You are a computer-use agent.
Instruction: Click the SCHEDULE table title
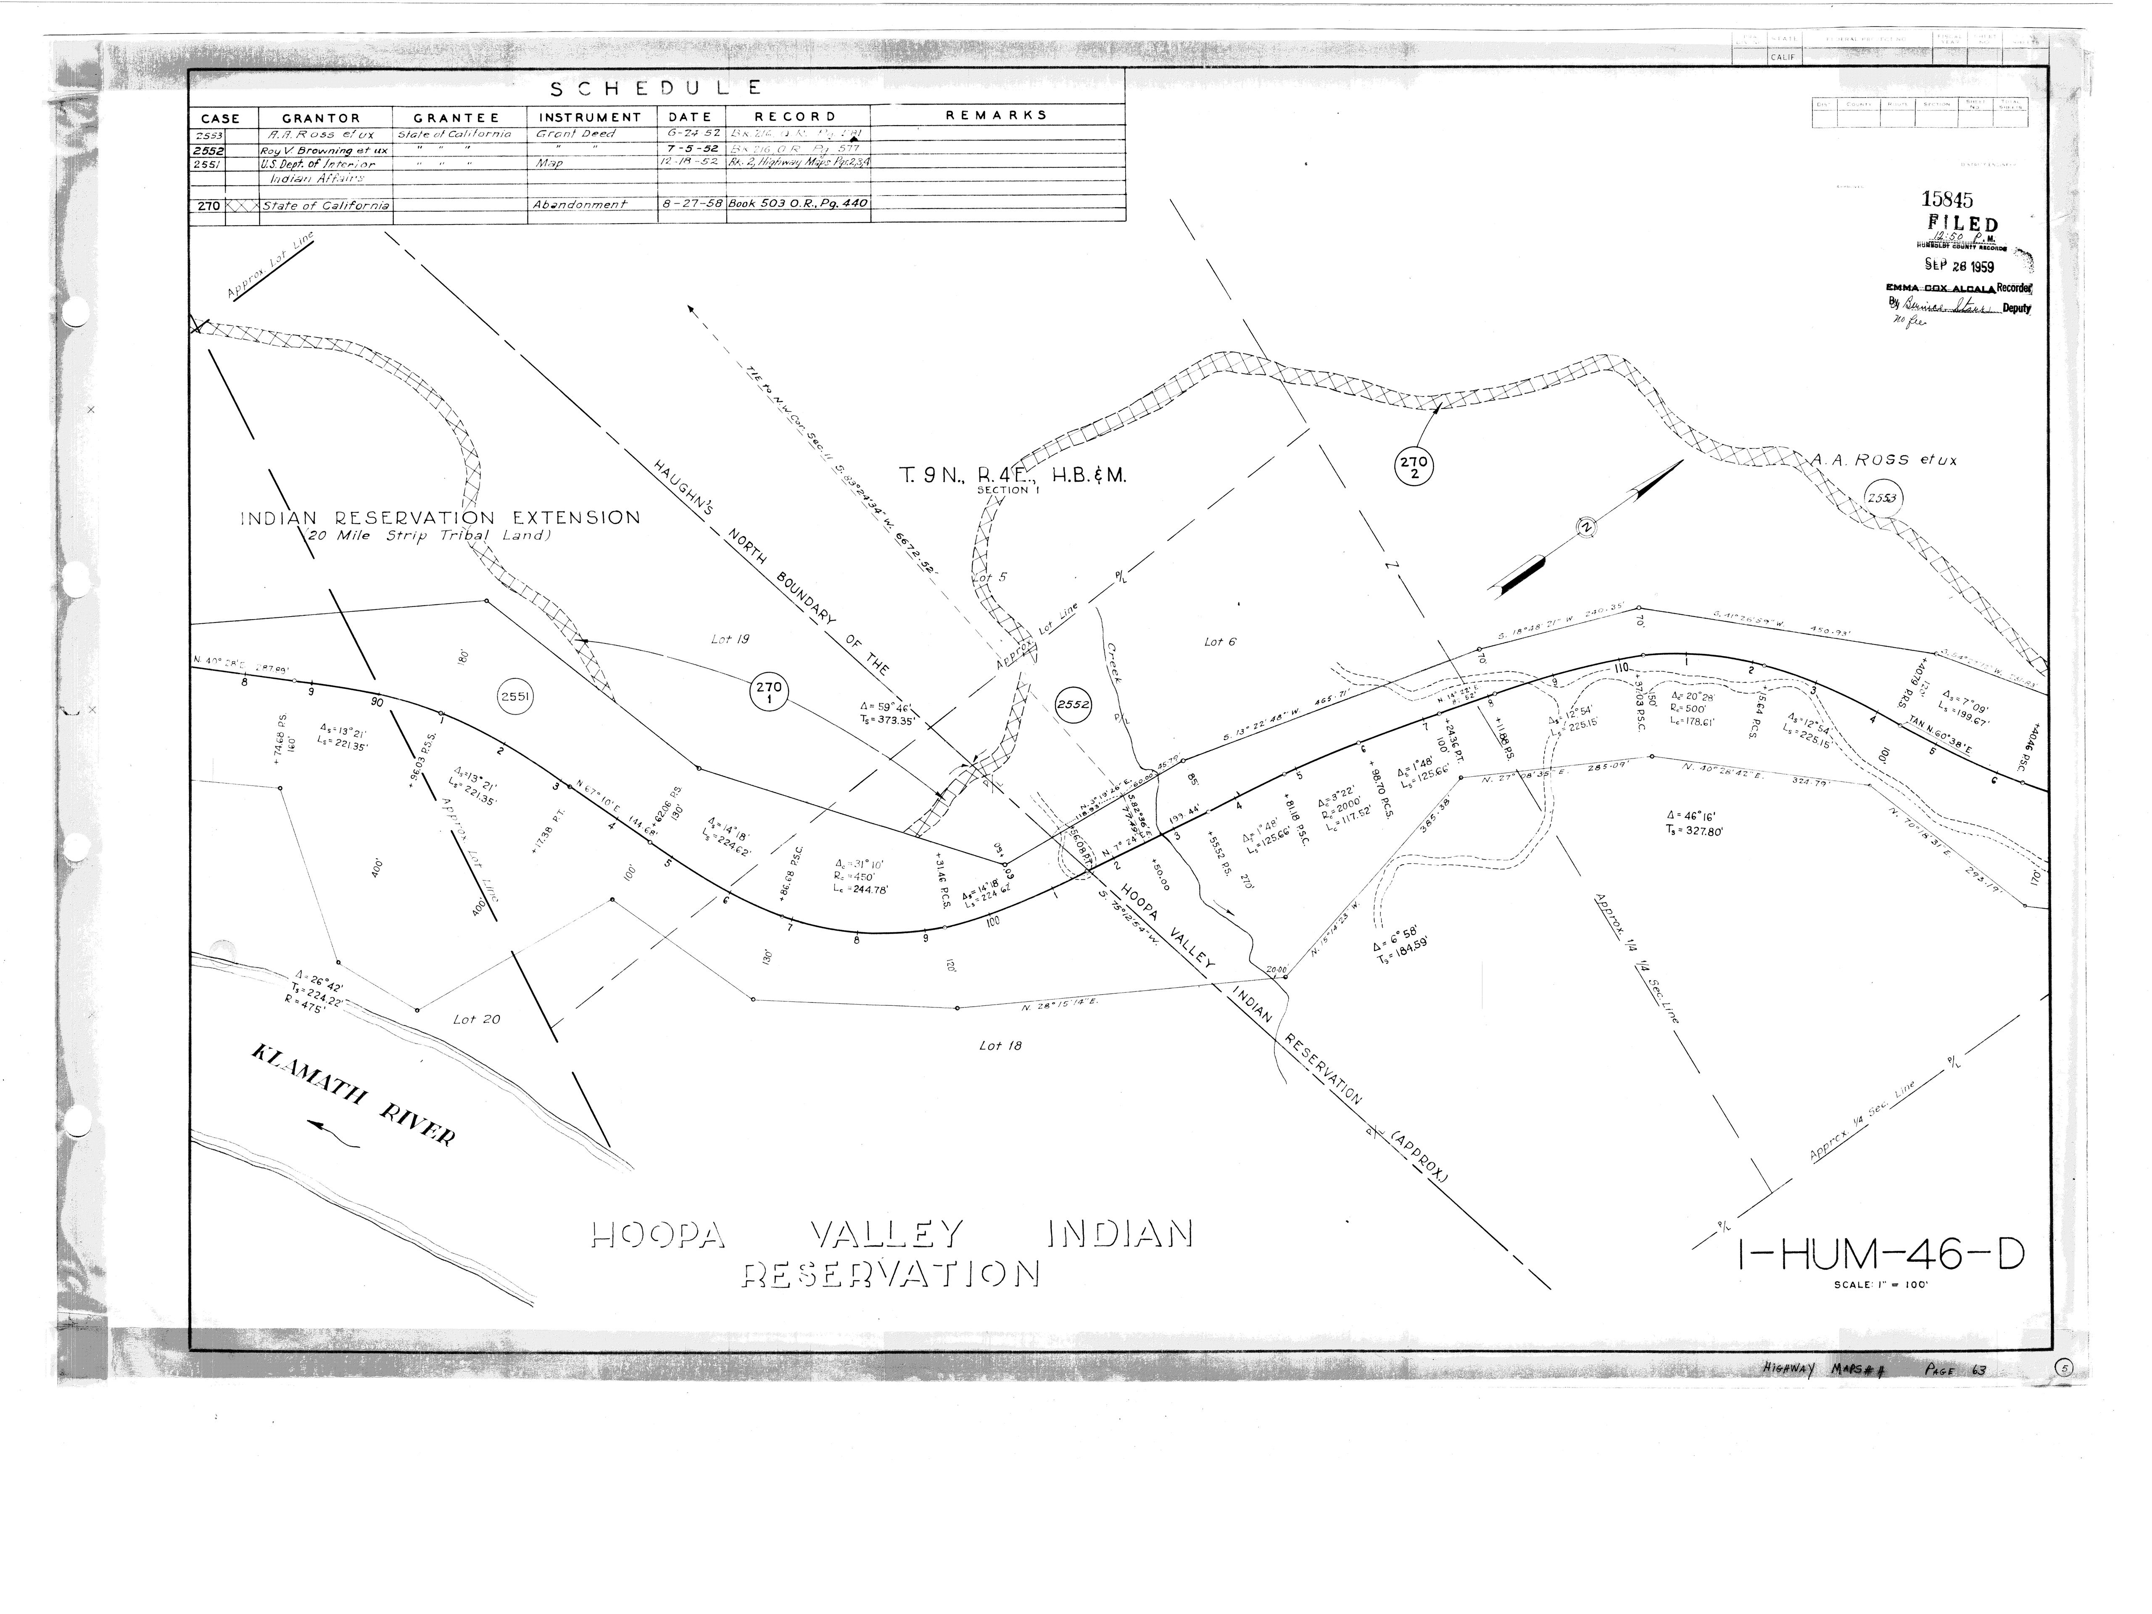coord(656,90)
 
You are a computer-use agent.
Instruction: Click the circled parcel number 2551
coord(514,696)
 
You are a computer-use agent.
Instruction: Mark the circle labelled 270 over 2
coord(1413,467)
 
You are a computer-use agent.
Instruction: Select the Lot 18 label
coord(1000,1046)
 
